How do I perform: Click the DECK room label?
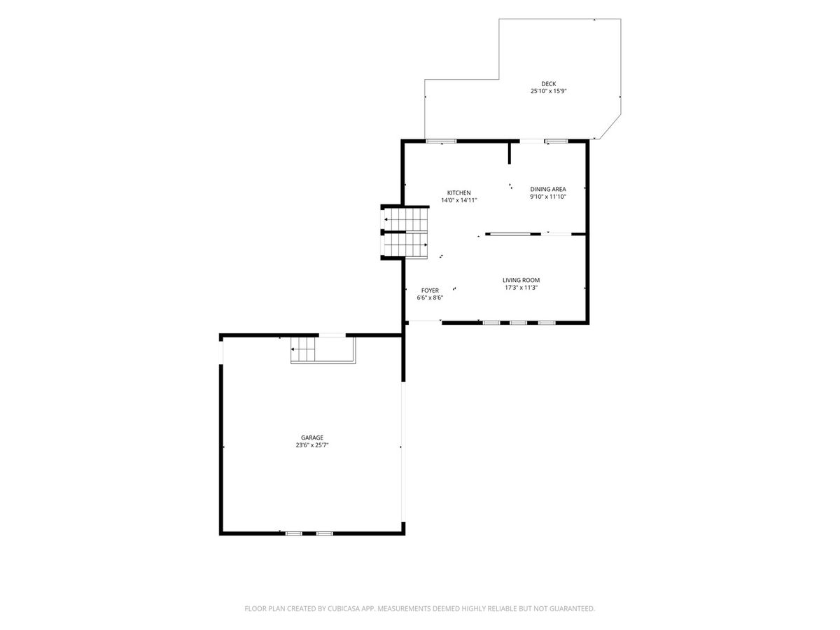point(548,84)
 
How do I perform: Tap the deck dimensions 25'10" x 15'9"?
point(548,91)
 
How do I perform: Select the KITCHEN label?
point(458,192)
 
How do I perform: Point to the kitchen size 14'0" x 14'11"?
point(458,200)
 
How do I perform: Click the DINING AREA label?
point(547,189)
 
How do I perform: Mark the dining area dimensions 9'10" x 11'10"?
point(547,197)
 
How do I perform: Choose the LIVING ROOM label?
point(521,280)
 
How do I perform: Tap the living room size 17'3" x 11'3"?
point(521,288)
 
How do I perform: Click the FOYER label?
point(430,290)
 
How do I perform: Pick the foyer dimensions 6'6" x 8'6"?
point(430,297)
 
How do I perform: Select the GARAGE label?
point(312,437)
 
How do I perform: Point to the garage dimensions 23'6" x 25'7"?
point(312,445)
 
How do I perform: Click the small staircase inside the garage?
point(302,349)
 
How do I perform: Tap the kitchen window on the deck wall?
point(441,141)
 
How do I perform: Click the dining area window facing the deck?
point(556,141)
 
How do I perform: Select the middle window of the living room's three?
point(518,323)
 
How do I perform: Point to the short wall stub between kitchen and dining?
point(509,153)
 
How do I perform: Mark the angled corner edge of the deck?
point(610,126)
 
